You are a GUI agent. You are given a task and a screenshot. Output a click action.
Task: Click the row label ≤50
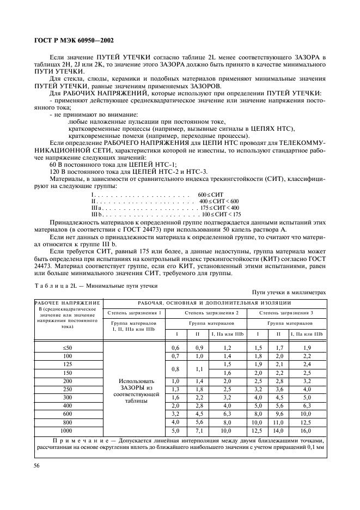68,348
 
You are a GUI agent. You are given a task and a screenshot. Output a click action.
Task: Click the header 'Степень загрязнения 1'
134,312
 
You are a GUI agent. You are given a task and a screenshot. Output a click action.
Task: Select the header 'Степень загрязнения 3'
286,312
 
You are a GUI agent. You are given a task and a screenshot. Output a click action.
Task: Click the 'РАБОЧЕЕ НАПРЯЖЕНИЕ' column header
68,302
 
